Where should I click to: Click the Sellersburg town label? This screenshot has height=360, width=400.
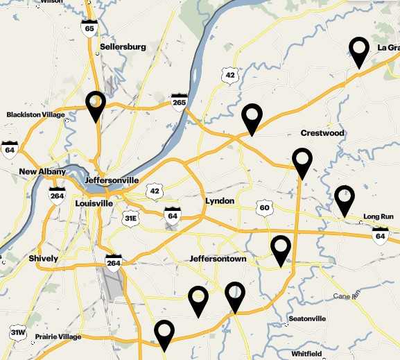pyautogui.click(x=123, y=47)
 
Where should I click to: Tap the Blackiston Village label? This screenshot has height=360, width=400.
pyautogui.click(x=35, y=114)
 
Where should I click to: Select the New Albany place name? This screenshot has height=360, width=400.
pyautogui.click(x=42, y=172)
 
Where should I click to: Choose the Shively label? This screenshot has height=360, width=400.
pyautogui.click(x=44, y=258)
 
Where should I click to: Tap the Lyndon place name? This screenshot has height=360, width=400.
pyautogui.click(x=220, y=201)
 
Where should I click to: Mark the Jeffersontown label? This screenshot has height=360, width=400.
pyautogui.click(x=218, y=259)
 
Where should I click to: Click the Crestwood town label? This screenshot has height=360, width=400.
pyautogui.click(x=322, y=132)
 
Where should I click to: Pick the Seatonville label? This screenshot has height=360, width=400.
pyautogui.click(x=306, y=319)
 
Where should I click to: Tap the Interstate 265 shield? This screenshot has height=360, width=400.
pyautogui.click(x=180, y=102)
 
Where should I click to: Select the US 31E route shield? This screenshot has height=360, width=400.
pyautogui.click(x=130, y=218)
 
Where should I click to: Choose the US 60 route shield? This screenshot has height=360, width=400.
pyautogui.click(x=263, y=207)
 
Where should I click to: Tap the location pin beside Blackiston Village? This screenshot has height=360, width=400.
pyautogui.click(x=96, y=106)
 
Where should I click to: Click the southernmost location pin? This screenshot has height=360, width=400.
pyautogui.click(x=164, y=334)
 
